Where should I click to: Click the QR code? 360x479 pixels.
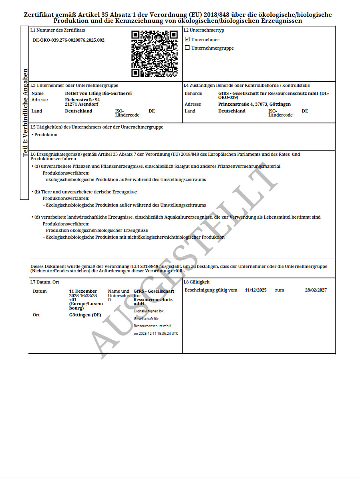tap(154, 54)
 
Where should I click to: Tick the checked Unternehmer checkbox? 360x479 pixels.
tap(187, 39)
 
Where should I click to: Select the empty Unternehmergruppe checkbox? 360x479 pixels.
tap(187, 48)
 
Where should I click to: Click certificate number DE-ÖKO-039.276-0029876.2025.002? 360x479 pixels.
tap(68, 40)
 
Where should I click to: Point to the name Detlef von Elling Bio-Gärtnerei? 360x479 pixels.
tap(98, 93)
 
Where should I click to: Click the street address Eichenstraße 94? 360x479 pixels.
tap(82, 99)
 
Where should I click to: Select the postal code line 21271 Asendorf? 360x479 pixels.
tap(81, 104)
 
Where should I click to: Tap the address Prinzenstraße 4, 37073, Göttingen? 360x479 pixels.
tap(254, 104)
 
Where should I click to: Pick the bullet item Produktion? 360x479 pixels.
tap(46, 135)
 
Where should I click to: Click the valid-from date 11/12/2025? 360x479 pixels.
tap(255, 290)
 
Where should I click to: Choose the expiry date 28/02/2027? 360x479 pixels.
tap(316, 290)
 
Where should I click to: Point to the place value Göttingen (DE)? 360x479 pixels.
tap(85, 315)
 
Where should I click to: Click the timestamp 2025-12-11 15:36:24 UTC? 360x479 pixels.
tap(156, 333)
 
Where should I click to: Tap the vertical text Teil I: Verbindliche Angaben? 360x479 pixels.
tap(25, 113)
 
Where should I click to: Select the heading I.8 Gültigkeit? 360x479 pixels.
tap(196, 282)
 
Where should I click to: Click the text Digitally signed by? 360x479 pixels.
tap(149, 311)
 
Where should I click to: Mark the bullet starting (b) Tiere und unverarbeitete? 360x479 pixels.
tap(89, 192)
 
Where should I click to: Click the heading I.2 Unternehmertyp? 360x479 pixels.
tap(203, 30)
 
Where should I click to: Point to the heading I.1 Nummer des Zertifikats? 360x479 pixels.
tap(58, 30)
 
